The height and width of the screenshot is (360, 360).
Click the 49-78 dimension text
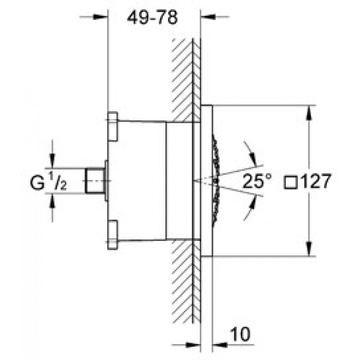[x=152, y=18]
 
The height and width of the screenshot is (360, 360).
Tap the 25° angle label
[x=257, y=181]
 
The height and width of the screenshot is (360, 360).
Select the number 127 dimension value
[x=316, y=181]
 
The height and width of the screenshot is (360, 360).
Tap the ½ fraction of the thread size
[x=58, y=181]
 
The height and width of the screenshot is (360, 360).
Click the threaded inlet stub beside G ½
[x=95, y=181]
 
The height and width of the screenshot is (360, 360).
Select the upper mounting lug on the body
[x=113, y=126]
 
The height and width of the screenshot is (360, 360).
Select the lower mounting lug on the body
[x=113, y=235]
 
